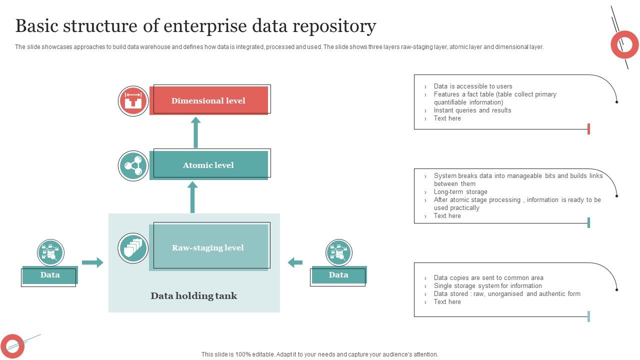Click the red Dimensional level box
pos(209,100)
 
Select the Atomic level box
pos(209,165)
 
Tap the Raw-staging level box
pos(208,247)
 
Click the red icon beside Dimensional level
pos(133,101)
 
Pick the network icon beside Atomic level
pos(133,165)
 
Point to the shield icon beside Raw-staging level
pos(133,248)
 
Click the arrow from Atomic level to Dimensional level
pos(195,132)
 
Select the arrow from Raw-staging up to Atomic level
pos(192,197)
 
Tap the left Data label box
pos(50,275)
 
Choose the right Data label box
pos(338,275)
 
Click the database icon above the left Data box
pos(50,252)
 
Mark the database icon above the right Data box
pos(339,252)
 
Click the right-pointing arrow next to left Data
pos(92,262)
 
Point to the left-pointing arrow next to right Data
pos(295,262)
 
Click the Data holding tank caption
pos(194,296)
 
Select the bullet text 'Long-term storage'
pos(460,192)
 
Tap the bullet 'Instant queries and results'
pos(472,110)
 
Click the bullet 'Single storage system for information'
pos(487,286)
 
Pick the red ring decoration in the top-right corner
pos(624,44)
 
